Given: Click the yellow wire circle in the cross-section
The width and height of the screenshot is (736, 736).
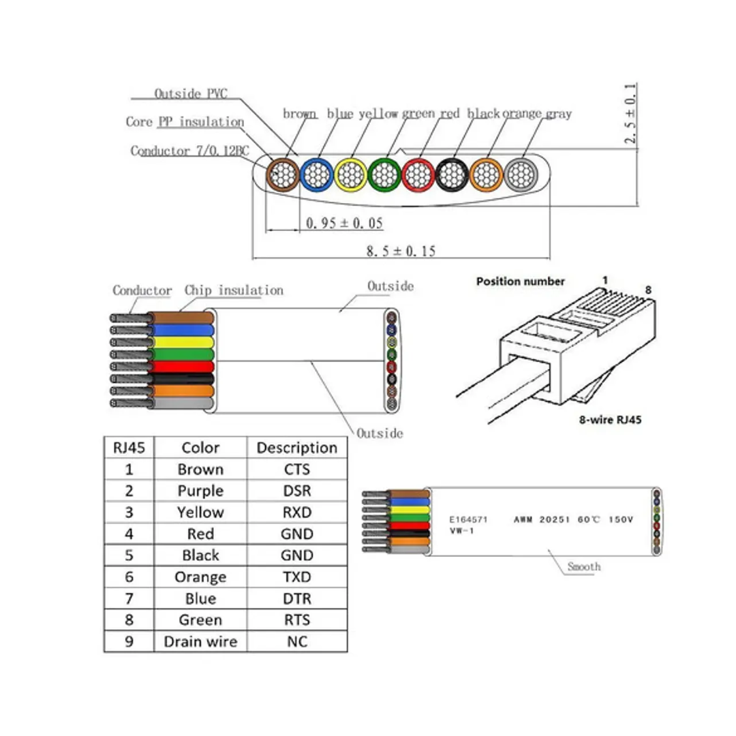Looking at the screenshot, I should click(x=350, y=174).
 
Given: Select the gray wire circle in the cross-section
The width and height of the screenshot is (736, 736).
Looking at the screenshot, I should click(x=521, y=174).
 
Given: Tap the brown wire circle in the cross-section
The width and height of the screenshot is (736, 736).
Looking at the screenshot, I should click(x=282, y=174).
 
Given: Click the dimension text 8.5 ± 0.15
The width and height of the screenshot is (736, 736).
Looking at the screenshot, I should click(x=401, y=251).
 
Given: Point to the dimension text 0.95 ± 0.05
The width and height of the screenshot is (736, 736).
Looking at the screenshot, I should click(x=344, y=223).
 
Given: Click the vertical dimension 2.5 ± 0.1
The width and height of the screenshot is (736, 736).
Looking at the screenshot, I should click(x=630, y=114).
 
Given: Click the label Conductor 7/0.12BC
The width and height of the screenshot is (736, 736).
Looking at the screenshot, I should click(x=189, y=151).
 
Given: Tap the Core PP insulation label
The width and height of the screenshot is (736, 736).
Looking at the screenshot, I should click(x=185, y=122).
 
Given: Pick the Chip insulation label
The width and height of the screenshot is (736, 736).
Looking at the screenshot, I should click(x=234, y=290).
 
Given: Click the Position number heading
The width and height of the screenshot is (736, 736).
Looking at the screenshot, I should click(x=520, y=281).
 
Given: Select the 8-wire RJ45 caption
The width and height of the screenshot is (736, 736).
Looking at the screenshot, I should click(x=605, y=420).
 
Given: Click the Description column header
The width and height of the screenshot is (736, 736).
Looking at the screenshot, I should click(x=296, y=448).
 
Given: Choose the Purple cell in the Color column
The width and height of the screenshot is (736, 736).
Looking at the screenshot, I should click(x=200, y=491).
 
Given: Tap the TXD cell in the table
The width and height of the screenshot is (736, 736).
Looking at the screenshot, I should click(x=296, y=577).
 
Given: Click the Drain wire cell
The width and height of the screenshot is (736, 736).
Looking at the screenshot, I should click(x=200, y=642).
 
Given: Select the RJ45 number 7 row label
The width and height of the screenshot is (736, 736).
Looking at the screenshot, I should click(x=129, y=599).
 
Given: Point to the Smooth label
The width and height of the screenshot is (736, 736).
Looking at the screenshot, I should click(x=584, y=567).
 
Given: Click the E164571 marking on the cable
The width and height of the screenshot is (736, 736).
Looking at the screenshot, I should click(x=467, y=519).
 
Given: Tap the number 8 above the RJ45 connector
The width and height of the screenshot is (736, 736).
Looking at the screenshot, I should click(x=648, y=290).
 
